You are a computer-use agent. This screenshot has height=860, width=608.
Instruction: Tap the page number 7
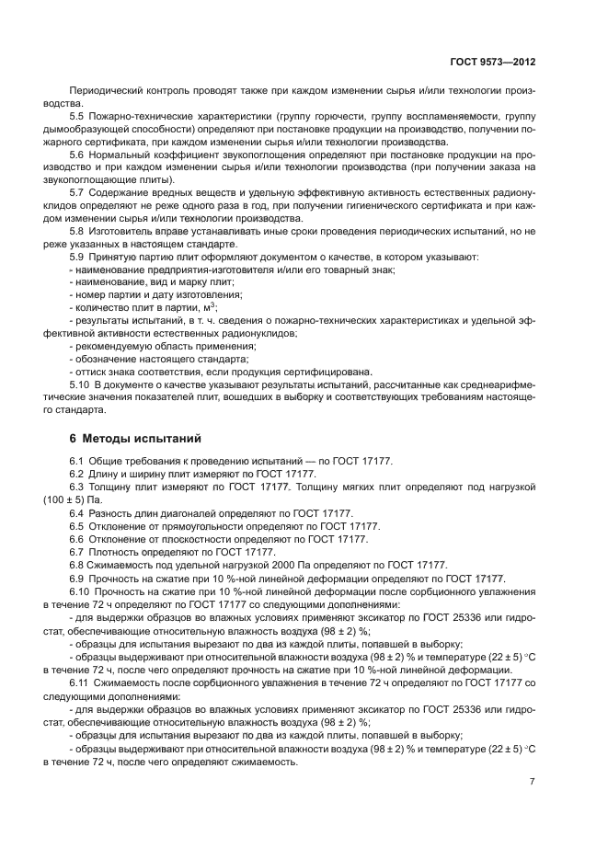(x=533, y=781)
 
